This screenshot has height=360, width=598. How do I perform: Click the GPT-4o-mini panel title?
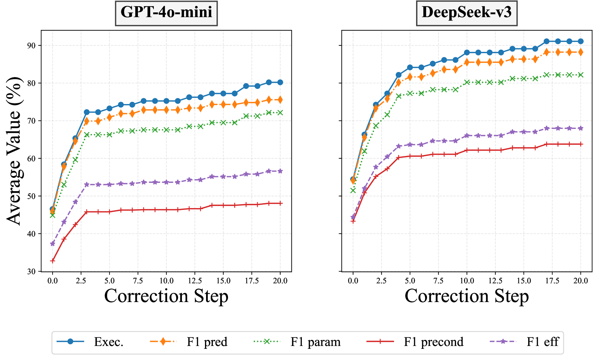tap(166, 12)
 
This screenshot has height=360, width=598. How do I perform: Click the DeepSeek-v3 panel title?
tap(467, 12)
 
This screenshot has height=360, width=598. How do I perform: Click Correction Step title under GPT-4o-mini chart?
tap(166, 296)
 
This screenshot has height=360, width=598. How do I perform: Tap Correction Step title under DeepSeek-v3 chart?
tap(467, 296)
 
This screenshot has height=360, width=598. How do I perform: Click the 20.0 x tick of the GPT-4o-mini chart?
tap(280, 280)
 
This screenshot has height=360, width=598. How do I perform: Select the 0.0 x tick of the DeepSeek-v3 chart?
tap(353, 280)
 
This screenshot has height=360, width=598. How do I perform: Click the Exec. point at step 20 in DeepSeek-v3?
tap(580, 41)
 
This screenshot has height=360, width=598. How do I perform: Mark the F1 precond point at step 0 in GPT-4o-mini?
tap(53, 261)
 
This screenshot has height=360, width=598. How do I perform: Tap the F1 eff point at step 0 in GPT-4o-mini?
tap(53, 244)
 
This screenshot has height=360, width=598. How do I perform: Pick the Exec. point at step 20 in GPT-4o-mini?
tap(280, 82)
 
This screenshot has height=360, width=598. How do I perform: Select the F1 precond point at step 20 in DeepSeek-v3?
tap(580, 144)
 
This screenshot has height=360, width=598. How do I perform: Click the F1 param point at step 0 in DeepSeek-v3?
tap(353, 190)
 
